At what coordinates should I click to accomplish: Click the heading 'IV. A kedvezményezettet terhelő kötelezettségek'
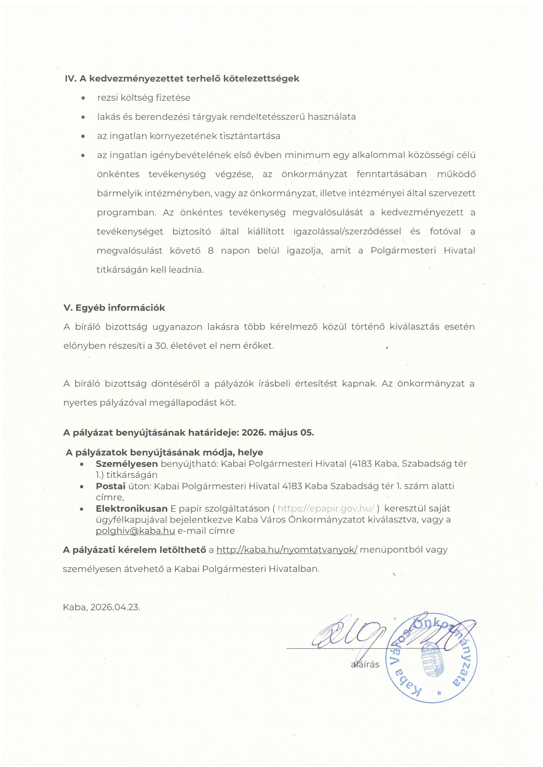182,79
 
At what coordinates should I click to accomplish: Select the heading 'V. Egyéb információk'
114,308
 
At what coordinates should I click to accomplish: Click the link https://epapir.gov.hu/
326,508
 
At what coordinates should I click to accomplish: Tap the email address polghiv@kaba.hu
135,531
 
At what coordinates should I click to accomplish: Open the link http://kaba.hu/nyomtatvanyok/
287,550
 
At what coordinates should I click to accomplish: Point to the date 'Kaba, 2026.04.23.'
102,607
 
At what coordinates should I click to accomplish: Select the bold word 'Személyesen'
127,464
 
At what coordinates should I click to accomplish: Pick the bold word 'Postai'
110,486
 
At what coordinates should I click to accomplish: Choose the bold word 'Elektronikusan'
131,508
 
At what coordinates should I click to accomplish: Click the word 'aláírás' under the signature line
365,665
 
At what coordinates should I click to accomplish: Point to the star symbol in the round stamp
439,693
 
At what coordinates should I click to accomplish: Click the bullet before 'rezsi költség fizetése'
83,98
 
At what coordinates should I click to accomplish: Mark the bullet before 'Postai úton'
82,487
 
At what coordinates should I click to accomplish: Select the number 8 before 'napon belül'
211,251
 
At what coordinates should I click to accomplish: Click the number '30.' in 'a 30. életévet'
161,346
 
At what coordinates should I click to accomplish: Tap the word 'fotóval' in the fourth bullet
445,231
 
